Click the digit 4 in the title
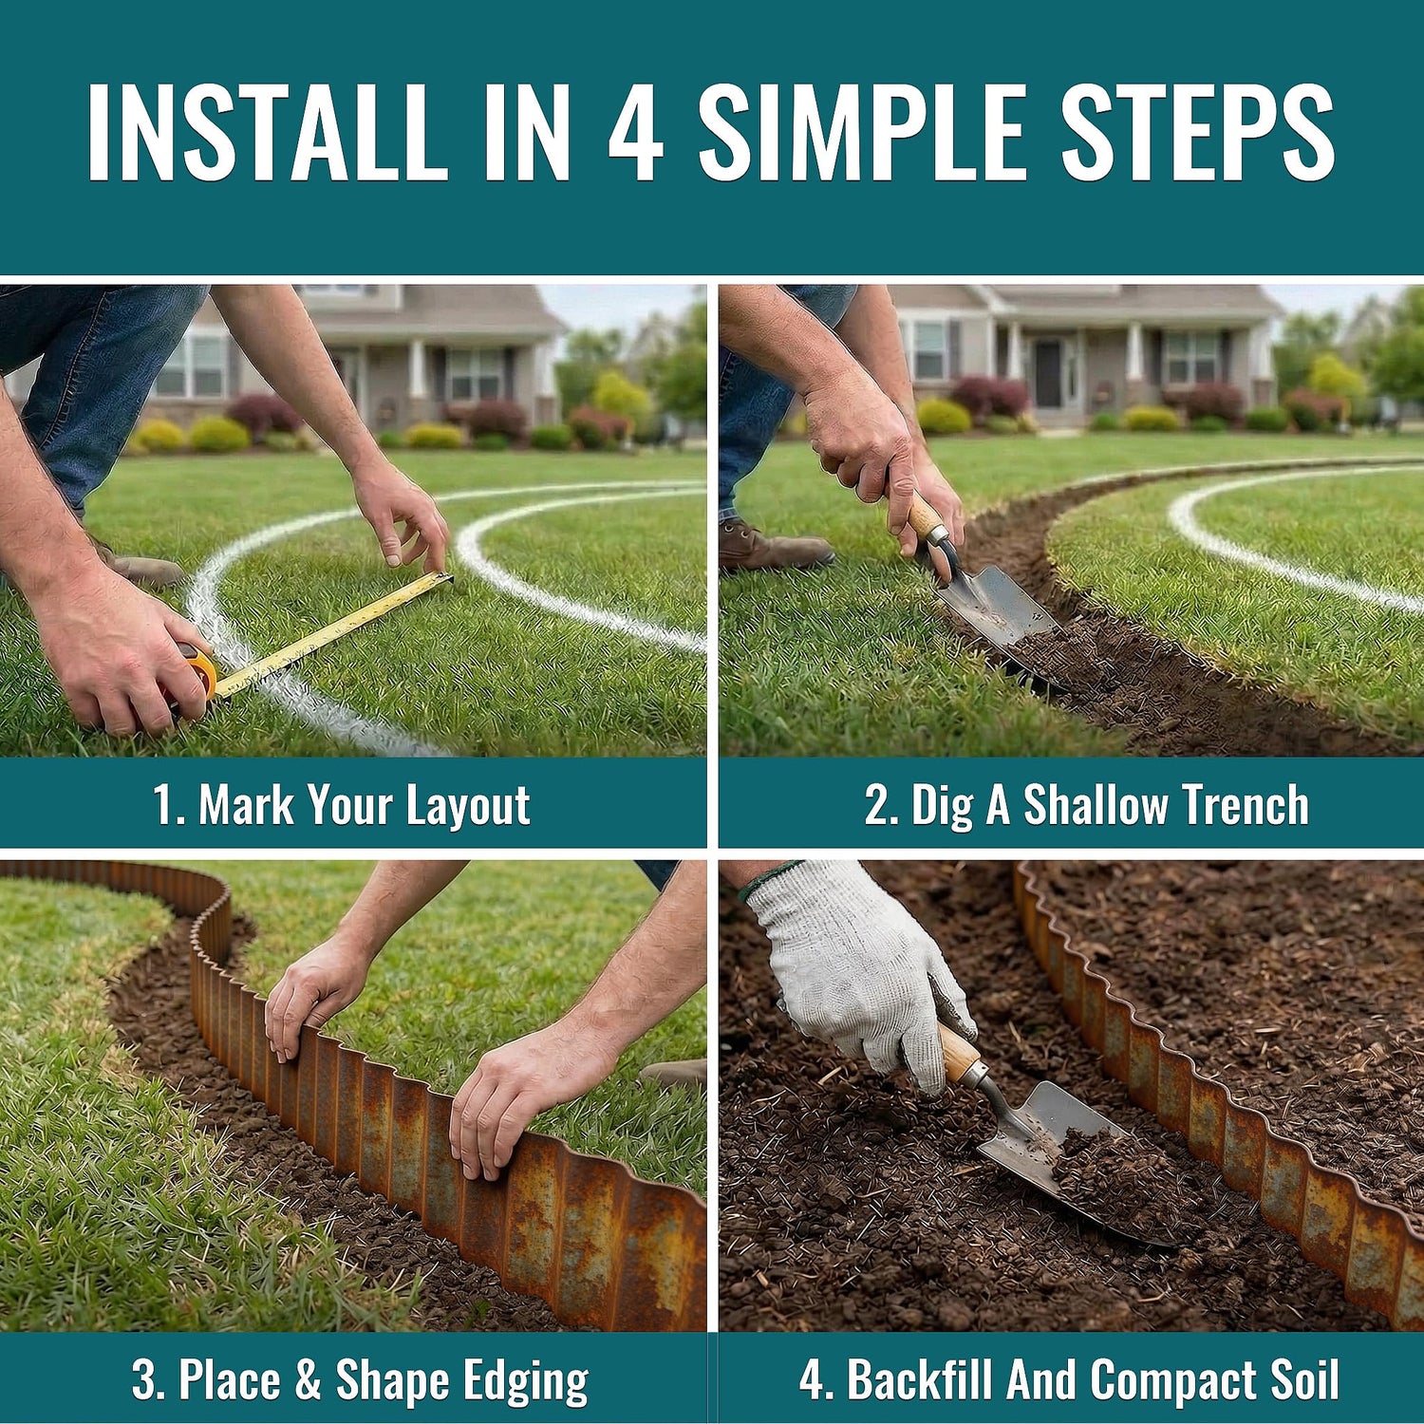click(635, 132)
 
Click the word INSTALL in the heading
click(267, 132)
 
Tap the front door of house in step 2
click(1047, 374)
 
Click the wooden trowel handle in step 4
click(959, 1054)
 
